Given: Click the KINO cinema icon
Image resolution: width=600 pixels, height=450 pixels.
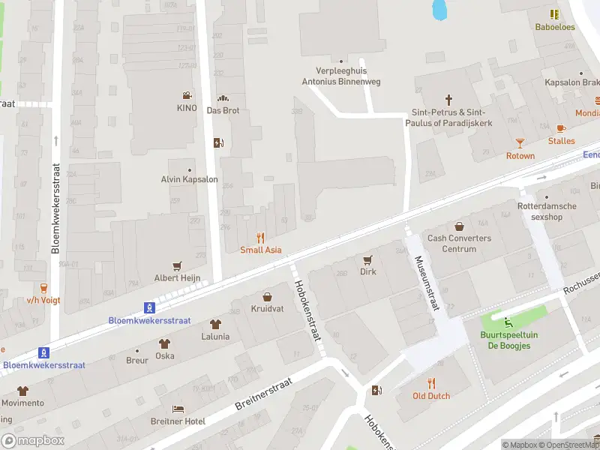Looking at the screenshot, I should point(186,95).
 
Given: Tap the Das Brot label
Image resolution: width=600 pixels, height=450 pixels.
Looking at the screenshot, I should point(223,109).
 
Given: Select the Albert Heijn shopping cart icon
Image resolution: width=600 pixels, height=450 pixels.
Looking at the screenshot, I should point(178,265).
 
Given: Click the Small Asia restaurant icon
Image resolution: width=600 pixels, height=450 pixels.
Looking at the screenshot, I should point(261,237).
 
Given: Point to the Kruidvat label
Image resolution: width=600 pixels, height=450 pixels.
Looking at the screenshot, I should point(267,309).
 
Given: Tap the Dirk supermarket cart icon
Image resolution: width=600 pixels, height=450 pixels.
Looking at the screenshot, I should point(367,259).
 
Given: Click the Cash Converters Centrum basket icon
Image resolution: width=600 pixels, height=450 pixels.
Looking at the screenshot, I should point(459,226).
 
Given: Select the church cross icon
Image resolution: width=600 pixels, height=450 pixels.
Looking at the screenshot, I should point(449,99).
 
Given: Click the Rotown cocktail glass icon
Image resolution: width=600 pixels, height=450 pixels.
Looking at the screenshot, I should point(520,142).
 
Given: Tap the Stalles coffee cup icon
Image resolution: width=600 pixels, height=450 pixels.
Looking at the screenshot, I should point(561,128).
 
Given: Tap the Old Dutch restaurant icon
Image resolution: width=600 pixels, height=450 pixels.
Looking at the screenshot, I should point(431,382).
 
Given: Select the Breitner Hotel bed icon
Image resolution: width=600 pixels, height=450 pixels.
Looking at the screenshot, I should point(178,409).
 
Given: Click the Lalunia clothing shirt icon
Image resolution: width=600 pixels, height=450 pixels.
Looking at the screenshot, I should point(215,324).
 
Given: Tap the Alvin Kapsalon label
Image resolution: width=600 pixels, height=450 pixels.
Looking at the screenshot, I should point(189,179).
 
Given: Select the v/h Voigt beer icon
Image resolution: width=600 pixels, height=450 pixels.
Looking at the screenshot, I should point(43,287).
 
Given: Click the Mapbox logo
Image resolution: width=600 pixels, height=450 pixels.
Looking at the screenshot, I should point(32,440).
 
